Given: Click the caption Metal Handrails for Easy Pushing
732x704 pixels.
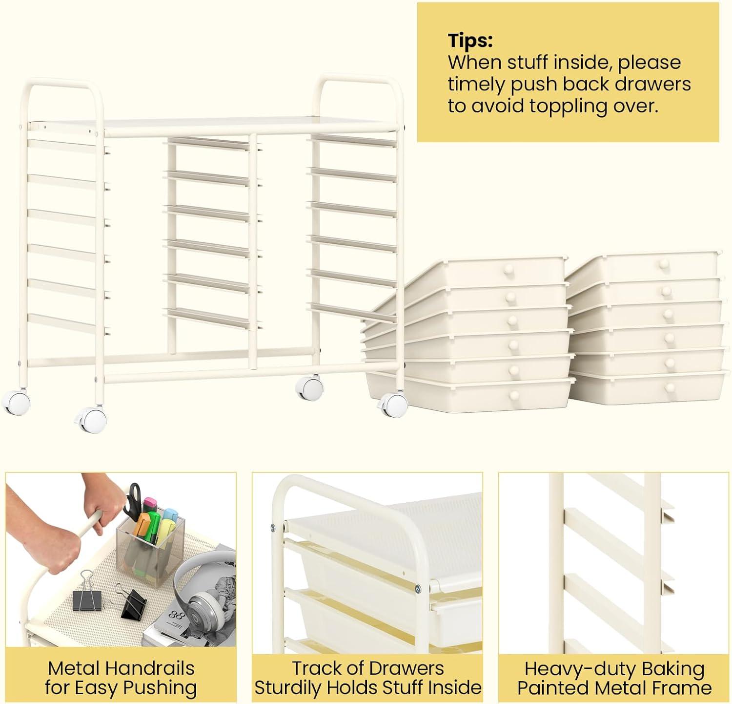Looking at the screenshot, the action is pyautogui.click(x=121, y=678).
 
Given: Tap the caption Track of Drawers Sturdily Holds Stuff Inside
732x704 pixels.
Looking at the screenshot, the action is pyautogui.click(x=368, y=678).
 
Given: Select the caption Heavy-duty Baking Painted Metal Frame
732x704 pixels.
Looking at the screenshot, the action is pyautogui.click(x=614, y=678).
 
